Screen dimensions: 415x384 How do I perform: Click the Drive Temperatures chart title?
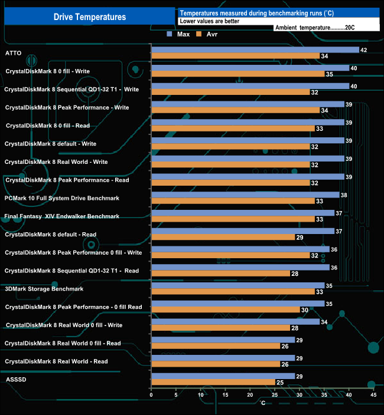pyautogui.click(x=90, y=17)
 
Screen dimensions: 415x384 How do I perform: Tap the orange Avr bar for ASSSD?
pyautogui.click(x=213, y=383)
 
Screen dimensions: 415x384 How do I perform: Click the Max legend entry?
pyautogui.click(x=178, y=35)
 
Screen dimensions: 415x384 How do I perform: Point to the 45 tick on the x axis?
pyautogui.click(x=373, y=395)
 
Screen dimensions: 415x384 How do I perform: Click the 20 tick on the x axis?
pyautogui.click(x=250, y=395)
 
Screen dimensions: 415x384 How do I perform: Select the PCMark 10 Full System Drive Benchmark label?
pyautogui.click(x=62, y=198)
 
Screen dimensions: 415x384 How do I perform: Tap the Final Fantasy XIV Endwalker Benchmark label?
pyautogui.click(x=62, y=216)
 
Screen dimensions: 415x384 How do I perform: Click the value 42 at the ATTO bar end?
pyautogui.click(x=364, y=50)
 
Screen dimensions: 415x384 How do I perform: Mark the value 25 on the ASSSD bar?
pyautogui.click(x=280, y=383)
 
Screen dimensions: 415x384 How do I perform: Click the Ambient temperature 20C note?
pyautogui.click(x=314, y=28)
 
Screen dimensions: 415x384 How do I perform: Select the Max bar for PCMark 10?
pyautogui.click(x=245, y=195)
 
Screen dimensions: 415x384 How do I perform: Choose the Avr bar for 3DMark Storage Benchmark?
pyautogui.click(x=233, y=292)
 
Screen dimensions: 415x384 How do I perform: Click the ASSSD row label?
pyautogui.click(x=15, y=380)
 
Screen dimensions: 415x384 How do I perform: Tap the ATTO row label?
pyautogui.click(x=14, y=53)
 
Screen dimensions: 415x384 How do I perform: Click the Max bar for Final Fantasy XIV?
pyautogui.click(x=243, y=213)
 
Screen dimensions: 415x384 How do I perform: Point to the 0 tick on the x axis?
pyautogui.click(x=152, y=395)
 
